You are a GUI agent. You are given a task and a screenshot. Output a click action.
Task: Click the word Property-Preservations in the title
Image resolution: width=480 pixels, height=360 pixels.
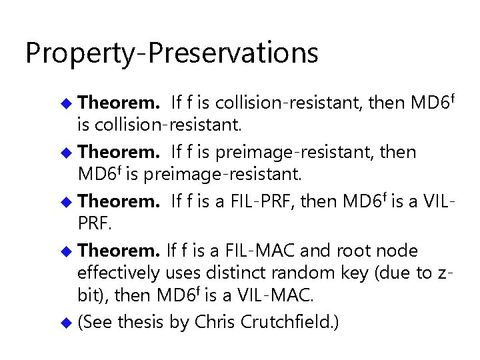(x=171, y=53)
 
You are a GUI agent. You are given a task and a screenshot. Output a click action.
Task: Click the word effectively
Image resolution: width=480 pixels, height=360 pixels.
(x=119, y=273)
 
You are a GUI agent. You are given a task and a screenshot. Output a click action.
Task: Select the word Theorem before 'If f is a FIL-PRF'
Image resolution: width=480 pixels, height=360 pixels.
(x=118, y=201)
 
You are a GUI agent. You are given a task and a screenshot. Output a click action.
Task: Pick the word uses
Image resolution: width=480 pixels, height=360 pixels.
(x=181, y=273)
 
